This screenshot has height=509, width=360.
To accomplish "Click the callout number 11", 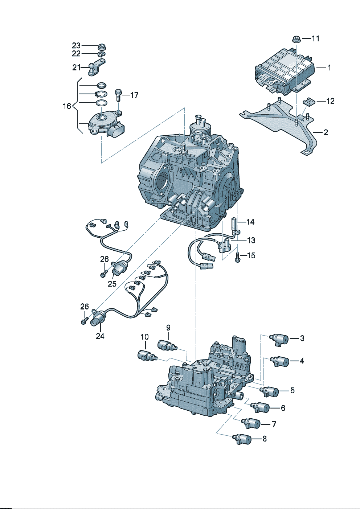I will pos(315,38).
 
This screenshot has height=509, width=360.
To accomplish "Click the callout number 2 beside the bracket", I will pos(326,132).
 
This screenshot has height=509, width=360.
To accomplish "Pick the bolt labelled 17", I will pos(119,95).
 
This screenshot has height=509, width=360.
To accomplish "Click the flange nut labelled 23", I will pos(102,46).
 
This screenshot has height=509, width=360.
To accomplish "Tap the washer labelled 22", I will pos(102,54).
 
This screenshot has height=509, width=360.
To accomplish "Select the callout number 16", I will pos(67,106).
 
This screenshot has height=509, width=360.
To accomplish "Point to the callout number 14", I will pos(250,222).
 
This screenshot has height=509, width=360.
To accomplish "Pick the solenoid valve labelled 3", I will pos(280,339).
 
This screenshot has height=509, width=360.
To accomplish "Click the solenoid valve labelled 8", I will pos(242,439).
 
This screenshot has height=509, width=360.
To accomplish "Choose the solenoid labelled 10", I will pos(147,356).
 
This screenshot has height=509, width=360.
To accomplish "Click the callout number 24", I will pos(100,336).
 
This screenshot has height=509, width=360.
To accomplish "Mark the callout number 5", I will pos(292,391).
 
